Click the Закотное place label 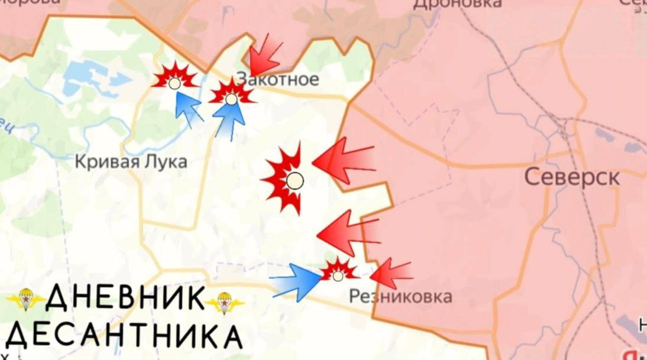pos(277,79)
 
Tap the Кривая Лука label pos(131,161)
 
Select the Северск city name pos(572,177)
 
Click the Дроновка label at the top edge pos(457,4)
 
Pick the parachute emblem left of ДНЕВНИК pos(25,300)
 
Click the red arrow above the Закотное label pos(264,57)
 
